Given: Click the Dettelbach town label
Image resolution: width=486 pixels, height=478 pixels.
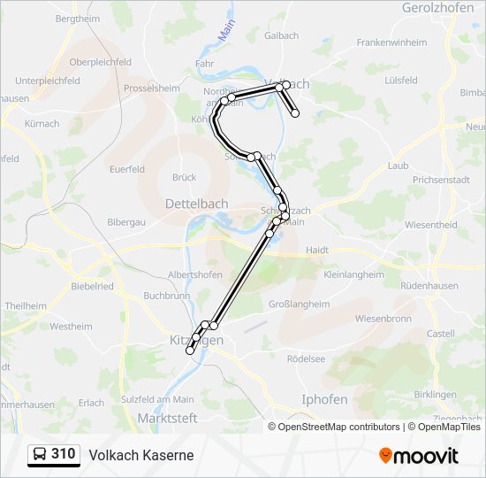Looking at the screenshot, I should [196, 204].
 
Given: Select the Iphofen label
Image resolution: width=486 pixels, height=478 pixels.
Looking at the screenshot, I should [324, 399].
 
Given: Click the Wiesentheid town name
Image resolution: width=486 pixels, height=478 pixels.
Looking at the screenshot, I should [430, 225].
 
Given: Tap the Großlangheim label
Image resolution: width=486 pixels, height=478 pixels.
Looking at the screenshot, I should [298, 304].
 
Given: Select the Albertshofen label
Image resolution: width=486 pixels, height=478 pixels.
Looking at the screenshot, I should [194, 275].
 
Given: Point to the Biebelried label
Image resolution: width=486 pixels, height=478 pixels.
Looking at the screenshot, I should [92, 287].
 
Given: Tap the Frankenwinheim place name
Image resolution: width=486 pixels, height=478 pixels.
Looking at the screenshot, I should [391, 42].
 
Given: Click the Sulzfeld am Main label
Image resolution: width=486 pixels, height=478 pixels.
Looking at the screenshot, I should [158, 399].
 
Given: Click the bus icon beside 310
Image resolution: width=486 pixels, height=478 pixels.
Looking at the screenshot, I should [40, 455].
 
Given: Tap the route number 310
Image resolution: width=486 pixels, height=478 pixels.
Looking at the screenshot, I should [64, 455].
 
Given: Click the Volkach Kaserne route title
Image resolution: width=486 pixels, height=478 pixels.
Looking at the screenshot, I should [140, 456].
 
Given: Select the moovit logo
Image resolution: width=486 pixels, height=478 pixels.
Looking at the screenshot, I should [419, 456].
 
